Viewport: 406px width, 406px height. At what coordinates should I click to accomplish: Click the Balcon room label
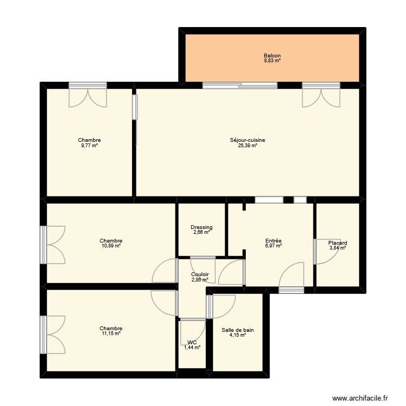pyautogui.click(x=272, y=56)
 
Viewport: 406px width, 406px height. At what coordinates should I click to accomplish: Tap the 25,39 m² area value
pyautogui.click(x=247, y=146)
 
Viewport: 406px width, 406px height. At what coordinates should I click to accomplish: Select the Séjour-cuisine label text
pyautogui.click(x=247, y=140)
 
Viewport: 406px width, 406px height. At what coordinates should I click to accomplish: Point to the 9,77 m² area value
pyautogui.click(x=89, y=146)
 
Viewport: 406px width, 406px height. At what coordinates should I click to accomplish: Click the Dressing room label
pyautogui.click(x=201, y=227)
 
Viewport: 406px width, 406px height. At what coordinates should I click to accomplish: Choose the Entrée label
pyautogui.click(x=273, y=241)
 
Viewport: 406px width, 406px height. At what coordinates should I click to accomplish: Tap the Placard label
pyautogui.click(x=338, y=243)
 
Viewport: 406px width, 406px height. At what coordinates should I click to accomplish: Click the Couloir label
pyautogui.click(x=200, y=274)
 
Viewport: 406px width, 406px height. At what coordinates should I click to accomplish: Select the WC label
pyautogui.click(x=192, y=343)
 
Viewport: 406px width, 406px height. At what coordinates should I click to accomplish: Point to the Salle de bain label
pyautogui.click(x=238, y=330)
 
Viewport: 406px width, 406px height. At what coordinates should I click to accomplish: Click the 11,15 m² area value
pyautogui.click(x=111, y=333)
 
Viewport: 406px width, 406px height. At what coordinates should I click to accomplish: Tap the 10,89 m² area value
pyautogui.click(x=111, y=246)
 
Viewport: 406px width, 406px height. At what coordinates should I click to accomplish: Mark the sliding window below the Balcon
pyautogui.click(x=240, y=86)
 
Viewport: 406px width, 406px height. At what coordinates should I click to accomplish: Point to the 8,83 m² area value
pyautogui.click(x=272, y=61)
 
